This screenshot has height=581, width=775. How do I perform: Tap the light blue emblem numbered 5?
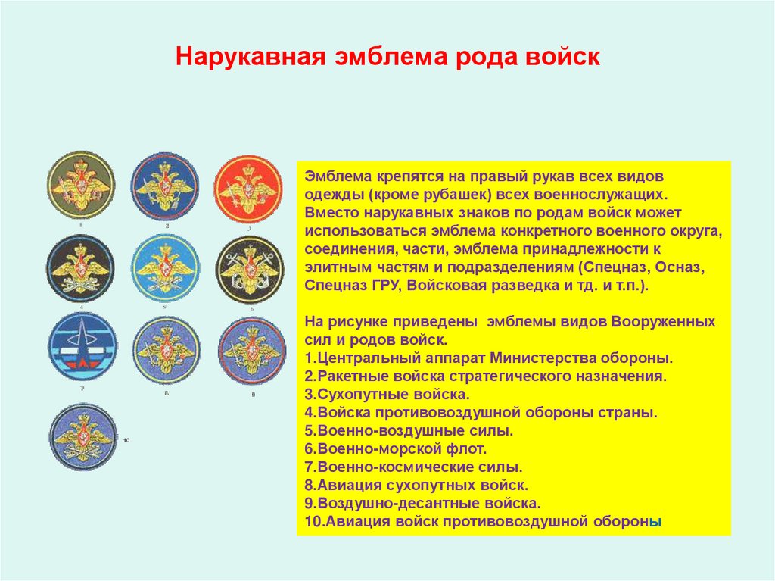[x=165, y=268]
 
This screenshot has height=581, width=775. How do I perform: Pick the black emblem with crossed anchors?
[x=250, y=268]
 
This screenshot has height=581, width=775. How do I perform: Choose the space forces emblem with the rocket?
[x=82, y=349]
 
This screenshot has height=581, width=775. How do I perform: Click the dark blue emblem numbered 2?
[x=165, y=186]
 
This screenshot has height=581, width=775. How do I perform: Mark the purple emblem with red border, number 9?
[x=251, y=350]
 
